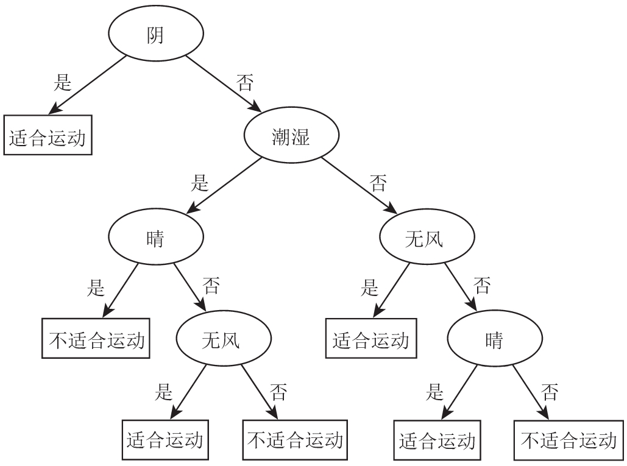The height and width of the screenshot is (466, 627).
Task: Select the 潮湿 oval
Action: [291, 137]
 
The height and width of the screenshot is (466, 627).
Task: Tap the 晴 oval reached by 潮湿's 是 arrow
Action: [155, 239]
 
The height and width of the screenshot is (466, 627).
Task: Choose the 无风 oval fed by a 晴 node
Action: [221, 340]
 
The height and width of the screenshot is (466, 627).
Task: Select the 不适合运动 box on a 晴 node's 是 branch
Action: [96, 340]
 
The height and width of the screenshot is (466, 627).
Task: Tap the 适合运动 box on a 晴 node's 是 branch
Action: [437, 440]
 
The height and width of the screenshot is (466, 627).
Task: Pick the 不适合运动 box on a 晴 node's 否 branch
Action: [568, 440]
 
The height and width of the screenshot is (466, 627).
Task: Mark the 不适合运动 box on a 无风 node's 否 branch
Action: [296, 440]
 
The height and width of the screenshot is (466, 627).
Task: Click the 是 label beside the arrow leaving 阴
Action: [63, 83]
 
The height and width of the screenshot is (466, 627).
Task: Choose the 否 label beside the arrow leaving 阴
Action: [244, 83]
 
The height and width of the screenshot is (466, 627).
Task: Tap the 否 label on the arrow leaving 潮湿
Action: [378, 182]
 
